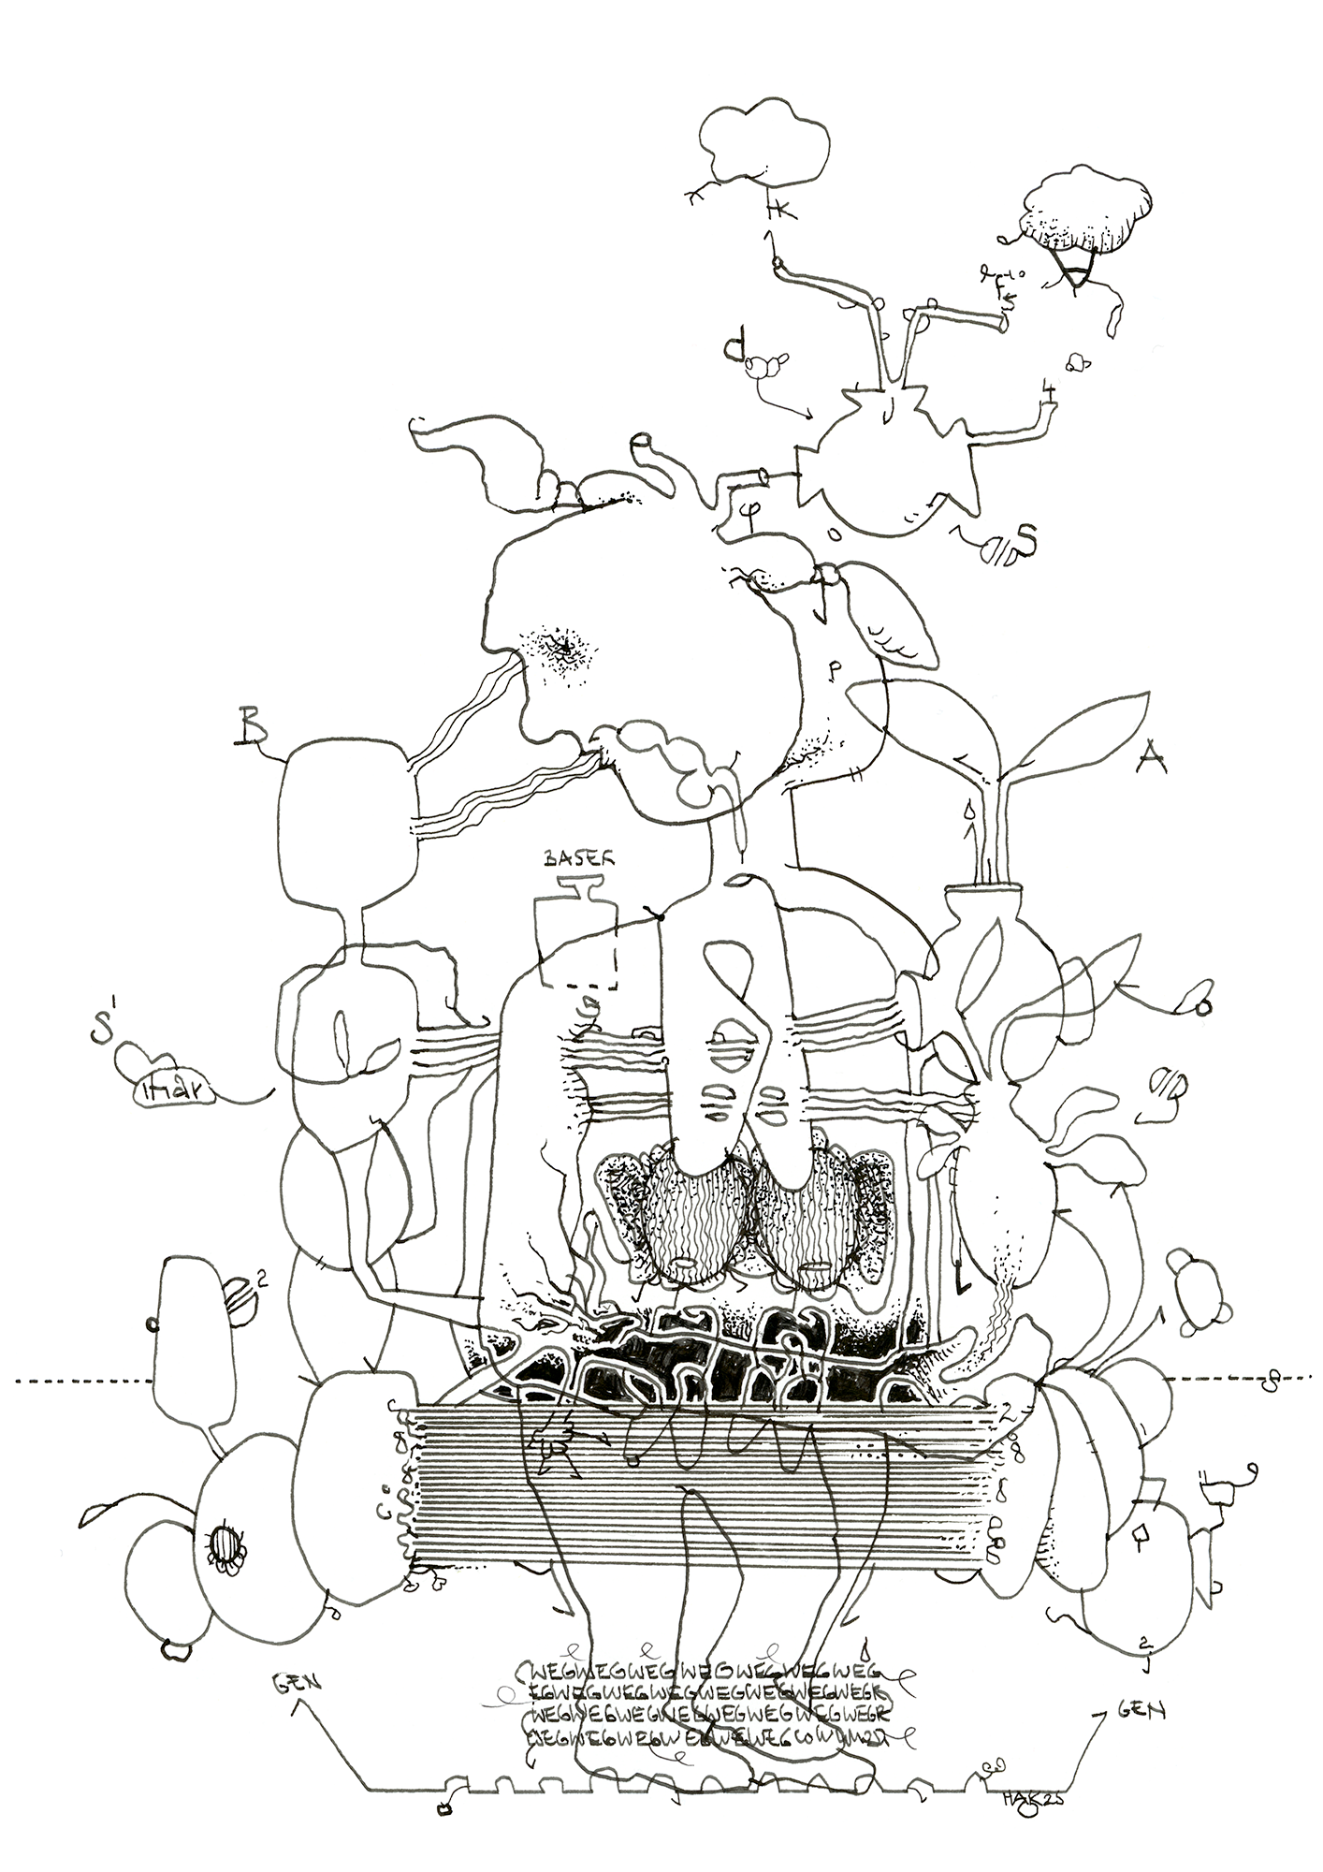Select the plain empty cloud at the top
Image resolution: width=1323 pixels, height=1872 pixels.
[764, 141]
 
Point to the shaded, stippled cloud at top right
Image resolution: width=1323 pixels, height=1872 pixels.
[1086, 212]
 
